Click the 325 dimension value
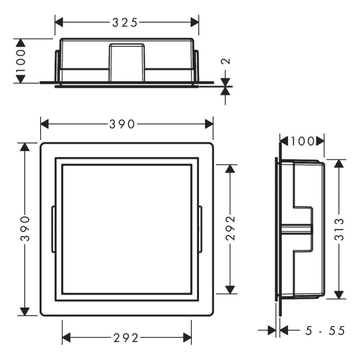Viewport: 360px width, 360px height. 125,22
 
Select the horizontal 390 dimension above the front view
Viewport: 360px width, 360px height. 122,124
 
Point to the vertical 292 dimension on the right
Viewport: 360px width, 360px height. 230,228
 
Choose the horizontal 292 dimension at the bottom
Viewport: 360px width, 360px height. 126,338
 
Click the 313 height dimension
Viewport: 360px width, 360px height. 339,229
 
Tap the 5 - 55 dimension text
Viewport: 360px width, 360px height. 325,331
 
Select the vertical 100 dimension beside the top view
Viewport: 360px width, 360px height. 21,61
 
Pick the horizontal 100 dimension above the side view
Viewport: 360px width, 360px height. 302,140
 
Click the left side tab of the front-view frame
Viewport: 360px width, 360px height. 53,229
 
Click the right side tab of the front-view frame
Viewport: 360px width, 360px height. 201,229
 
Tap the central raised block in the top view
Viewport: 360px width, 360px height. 127,62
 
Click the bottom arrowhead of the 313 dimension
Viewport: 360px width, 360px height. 339,295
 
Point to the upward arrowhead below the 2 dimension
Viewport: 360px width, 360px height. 225,91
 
